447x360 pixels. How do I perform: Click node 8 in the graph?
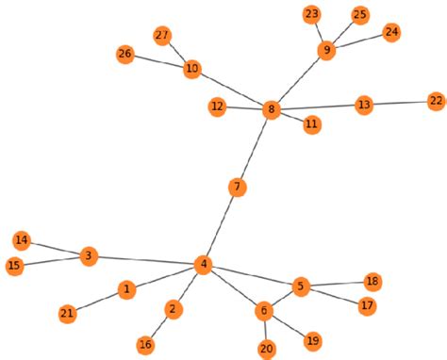272,110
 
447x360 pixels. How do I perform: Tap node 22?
436,101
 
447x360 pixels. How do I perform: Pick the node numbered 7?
238,188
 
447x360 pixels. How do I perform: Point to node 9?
326,50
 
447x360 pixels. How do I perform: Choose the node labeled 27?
161,36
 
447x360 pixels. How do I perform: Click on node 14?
22,239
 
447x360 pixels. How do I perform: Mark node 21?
68,313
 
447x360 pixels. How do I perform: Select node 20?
267,349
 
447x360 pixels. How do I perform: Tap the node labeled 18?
372,282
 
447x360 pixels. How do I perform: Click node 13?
364,105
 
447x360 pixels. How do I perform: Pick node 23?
312,14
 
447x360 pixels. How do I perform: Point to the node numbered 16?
146,345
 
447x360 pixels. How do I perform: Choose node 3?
88,255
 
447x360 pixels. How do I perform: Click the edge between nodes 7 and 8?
255,149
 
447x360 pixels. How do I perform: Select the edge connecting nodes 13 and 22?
400,103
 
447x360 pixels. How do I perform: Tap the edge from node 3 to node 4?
144,260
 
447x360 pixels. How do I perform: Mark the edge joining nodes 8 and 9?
299,80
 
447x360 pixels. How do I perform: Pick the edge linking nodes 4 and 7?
220,226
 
